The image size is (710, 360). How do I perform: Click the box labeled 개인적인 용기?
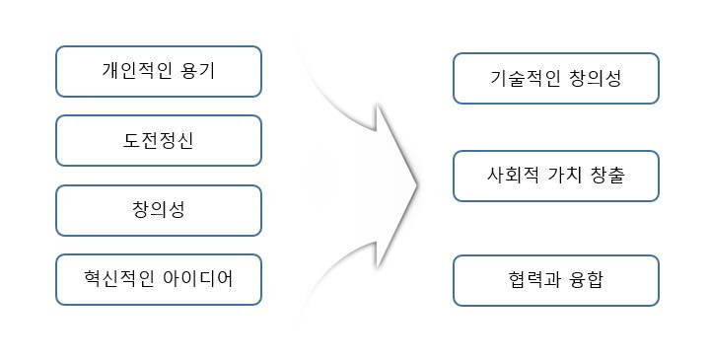(158, 71)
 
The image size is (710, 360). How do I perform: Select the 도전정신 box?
(158, 140)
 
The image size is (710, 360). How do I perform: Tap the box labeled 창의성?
(158, 210)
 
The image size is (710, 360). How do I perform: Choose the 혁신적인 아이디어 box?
(158, 279)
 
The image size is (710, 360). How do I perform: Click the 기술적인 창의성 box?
(556, 79)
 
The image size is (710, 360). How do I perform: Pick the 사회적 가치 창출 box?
(556, 176)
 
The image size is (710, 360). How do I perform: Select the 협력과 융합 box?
(556, 280)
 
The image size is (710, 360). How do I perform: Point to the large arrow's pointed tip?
(420, 182)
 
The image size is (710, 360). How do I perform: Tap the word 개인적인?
(138, 71)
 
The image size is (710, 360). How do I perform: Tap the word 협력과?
(532, 280)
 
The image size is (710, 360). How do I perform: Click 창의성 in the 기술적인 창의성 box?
(596, 79)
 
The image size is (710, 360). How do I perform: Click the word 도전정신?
(158, 140)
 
